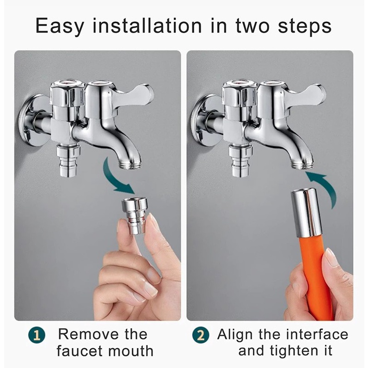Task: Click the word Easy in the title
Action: click(60, 26)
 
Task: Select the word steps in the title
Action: click(305, 26)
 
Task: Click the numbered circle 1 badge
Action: click(37, 336)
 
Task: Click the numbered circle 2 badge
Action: click(201, 336)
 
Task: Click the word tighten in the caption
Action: click(293, 351)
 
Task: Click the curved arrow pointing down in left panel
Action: click(112, 178)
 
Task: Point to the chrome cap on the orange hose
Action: click(306, 213)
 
